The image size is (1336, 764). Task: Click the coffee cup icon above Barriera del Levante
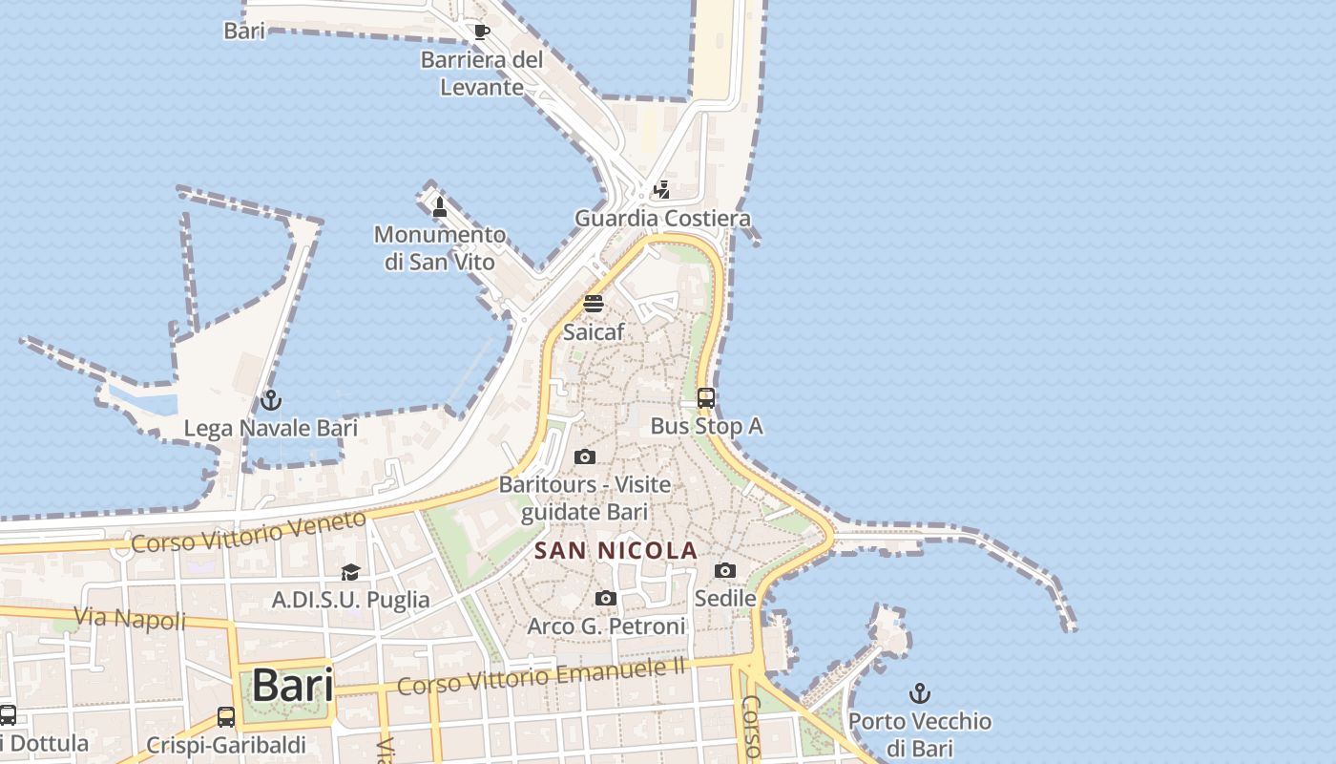pyautogui.click(x=482, y=32)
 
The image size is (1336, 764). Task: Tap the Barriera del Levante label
pyautogui.click(x=482, y=74)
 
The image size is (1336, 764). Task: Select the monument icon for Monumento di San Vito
pyautogui.click(x=440, y=206)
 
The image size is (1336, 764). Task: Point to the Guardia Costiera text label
pyautogui.click(x=662, y=219)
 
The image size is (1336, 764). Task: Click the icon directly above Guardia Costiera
pyautogui.click(x=661, y=190)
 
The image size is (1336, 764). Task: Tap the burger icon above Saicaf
pyautogui.click(x=594, y=304)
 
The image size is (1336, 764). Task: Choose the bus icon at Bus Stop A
pyautogui.click(x=706, y=398)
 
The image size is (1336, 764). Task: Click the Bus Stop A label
pyautogui.click(x=706, y=426)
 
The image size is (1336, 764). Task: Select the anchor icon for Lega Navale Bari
pyautogui.click(x=271, y=400)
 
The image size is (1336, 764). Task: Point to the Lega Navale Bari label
pyautogui.click(x=271, y=428)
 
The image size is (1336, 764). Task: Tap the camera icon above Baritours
pyautogui.click(x=585, y=457)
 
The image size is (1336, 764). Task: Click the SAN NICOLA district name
pyautogui.click(x=616, y=551)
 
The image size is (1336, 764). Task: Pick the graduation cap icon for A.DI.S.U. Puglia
pyautogui.click(x=351, y=572)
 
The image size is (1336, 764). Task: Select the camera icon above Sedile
pyautogui.click(x=725, y=570)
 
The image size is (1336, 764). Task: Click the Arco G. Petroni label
pyautogui.click(x=607, y=626)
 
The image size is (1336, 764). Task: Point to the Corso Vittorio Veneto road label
pyautogui.click(x=248, y=532)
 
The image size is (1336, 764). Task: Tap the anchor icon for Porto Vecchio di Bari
pyautogui.click(x=920, y=693)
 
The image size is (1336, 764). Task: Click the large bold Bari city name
pyautogui.click(x=293, y=685)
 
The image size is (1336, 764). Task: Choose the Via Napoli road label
pyautogui.click(x=130, y=619)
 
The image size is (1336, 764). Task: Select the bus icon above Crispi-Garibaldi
pyautogui.click(x=226, y=716)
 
